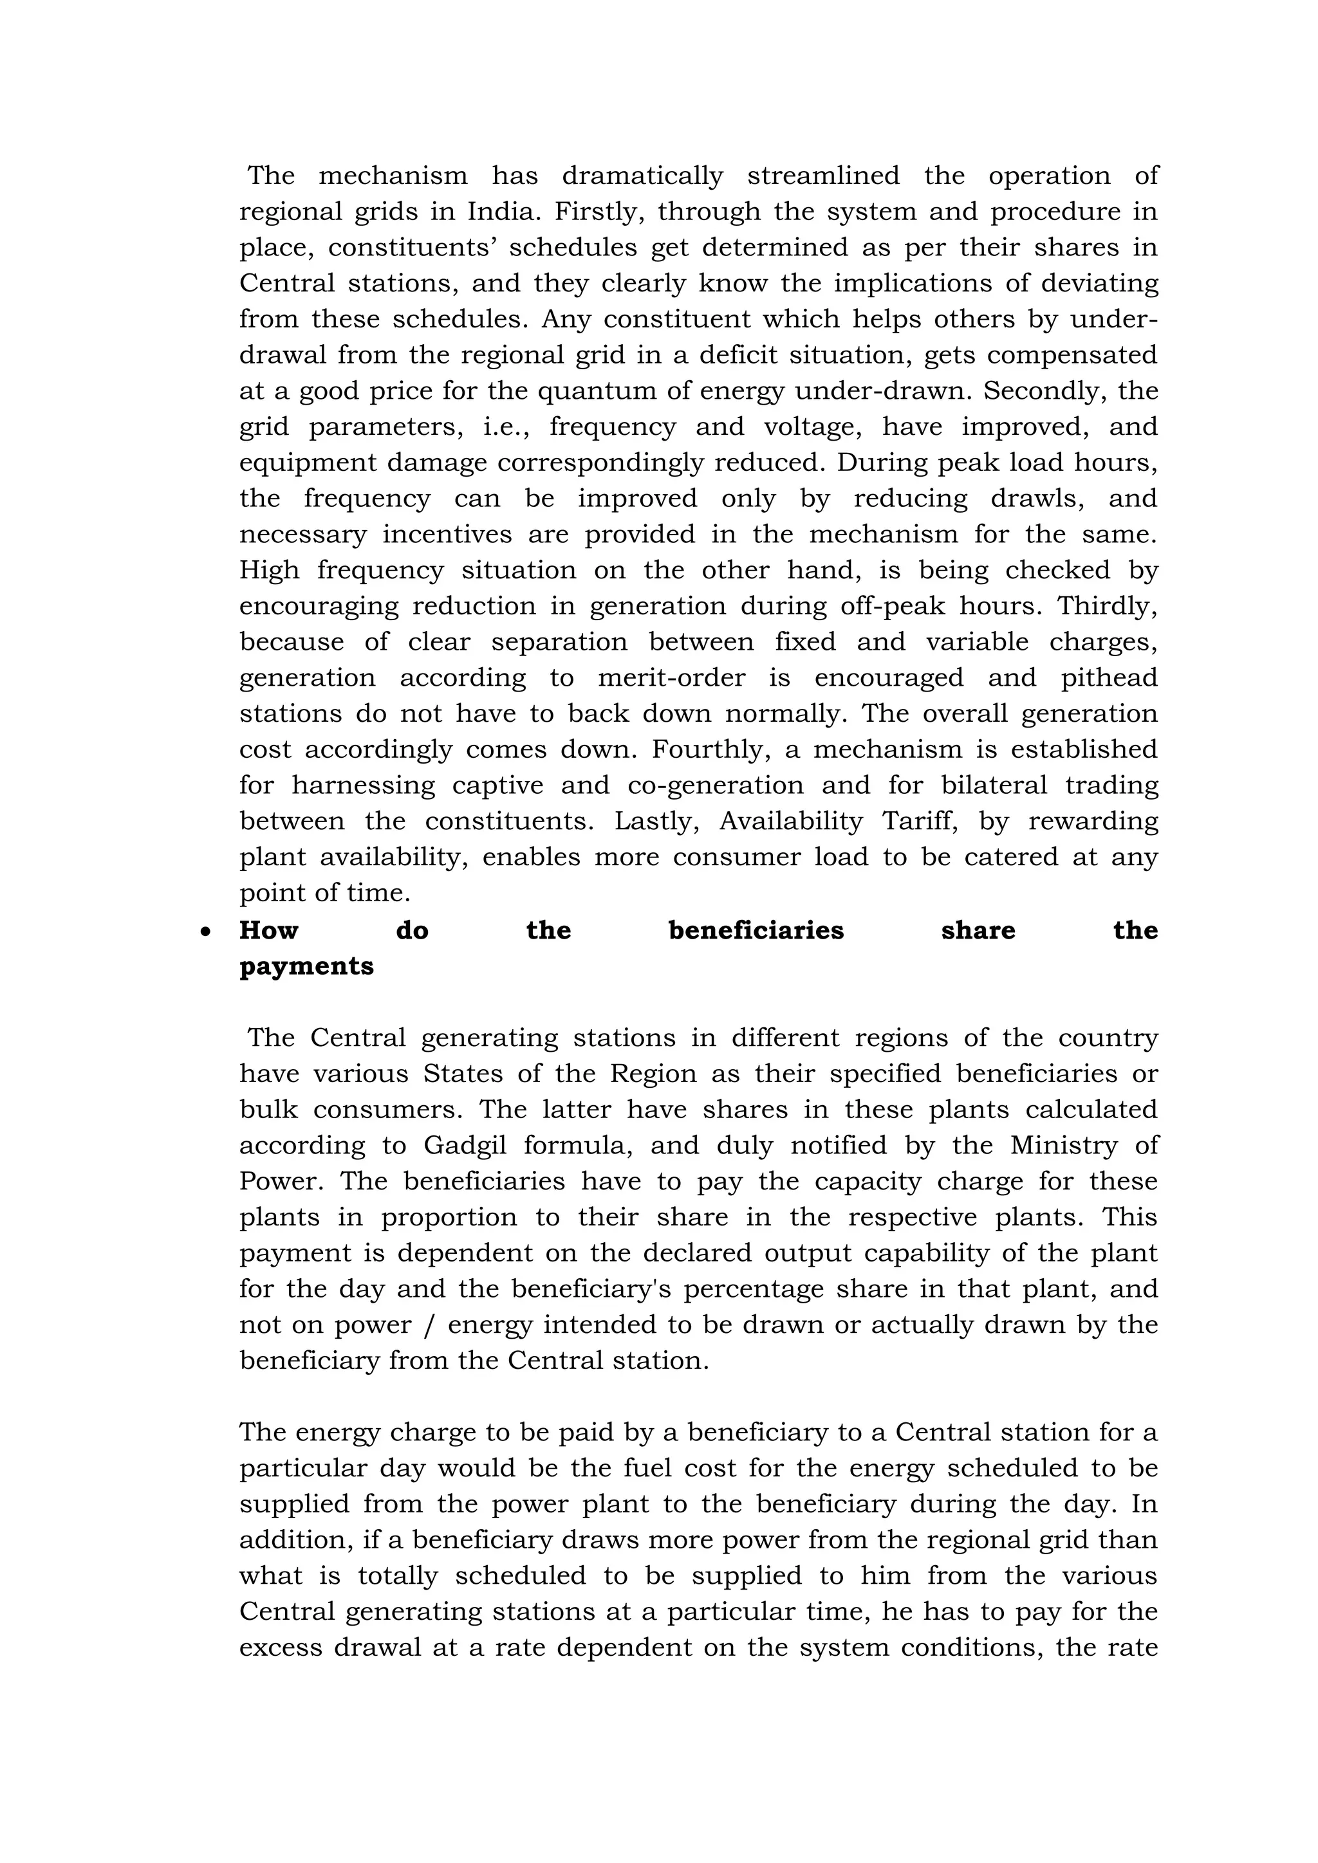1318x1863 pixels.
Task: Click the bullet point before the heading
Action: (x=205, y=932)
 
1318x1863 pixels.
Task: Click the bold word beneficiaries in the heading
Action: (x=756, y=930)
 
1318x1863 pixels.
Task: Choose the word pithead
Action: (x=1109, y=677)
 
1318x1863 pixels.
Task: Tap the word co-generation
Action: (x=715, y=785)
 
